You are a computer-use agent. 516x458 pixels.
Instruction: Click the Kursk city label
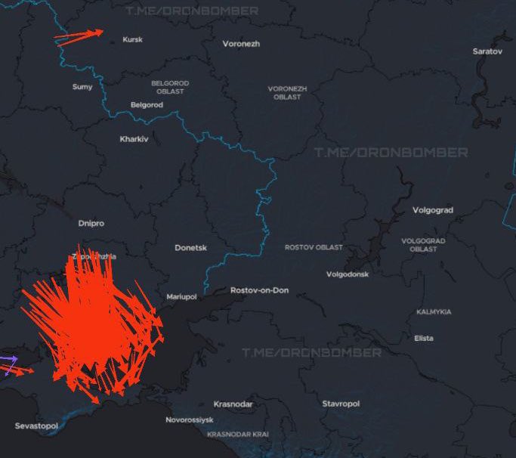click(x=132, y=40)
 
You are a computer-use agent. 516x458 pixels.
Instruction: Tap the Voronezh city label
click(x=241, y=44)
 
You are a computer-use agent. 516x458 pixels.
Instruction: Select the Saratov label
click(x=487, y=51)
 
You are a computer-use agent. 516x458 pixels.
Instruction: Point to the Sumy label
click(x=82, y=87)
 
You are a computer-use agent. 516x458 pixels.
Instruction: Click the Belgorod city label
click(x=147, y=105)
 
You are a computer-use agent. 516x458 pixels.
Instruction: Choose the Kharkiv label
click(x=134, y=139)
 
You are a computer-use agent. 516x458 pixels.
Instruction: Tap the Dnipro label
click(x=91, y=224)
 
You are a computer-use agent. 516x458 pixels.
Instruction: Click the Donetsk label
click(x=190, y=248)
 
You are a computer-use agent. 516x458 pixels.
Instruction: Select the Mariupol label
click(x=181, y=297)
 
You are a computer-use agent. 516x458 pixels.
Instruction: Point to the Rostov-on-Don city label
click(x=258, y=290)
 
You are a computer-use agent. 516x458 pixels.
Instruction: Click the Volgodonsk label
click(x=348, y=274)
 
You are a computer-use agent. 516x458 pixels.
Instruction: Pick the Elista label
click(x=424, y=339)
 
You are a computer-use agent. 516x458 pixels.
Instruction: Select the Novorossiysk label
click(x=190, y=419)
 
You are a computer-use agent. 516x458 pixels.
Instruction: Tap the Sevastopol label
click(x=36, y=426)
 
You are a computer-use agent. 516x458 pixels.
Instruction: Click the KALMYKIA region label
click(x=434, y=312)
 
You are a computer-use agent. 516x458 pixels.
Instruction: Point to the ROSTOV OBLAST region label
click(x=314, y=248)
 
